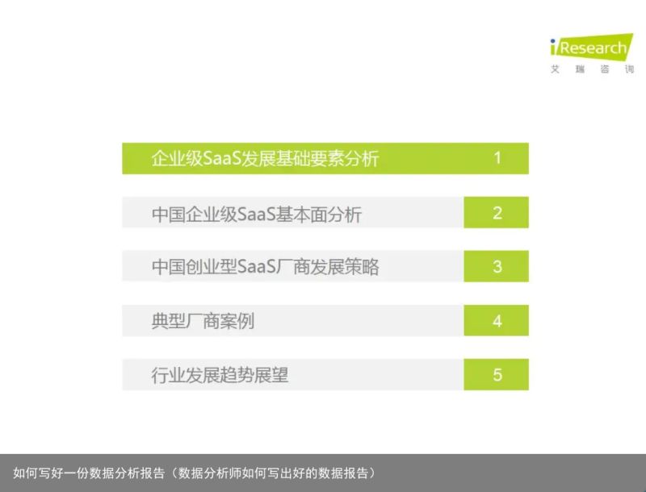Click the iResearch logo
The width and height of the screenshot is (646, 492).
[592, 47]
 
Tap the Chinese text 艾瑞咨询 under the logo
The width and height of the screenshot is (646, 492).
[593, 69]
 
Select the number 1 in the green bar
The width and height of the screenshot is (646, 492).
[497, 158]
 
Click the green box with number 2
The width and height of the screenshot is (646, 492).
[496, 212]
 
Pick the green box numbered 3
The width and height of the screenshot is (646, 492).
[496, 266]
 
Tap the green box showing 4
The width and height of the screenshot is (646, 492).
[496, 320]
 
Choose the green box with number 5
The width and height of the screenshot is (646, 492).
[496, 374]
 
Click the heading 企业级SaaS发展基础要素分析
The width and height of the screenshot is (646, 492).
[265, 158]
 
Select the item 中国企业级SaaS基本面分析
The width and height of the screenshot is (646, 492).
[256, 215]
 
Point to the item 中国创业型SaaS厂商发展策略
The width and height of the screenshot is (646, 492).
[265, 267]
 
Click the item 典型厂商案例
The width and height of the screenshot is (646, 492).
[203, 321]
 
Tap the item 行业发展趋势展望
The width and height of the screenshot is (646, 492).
[220, 375]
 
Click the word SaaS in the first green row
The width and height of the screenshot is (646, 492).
[221, 158]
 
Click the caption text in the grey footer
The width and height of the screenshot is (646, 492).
[194, 473]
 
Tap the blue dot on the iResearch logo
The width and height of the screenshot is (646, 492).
[553, 41]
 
